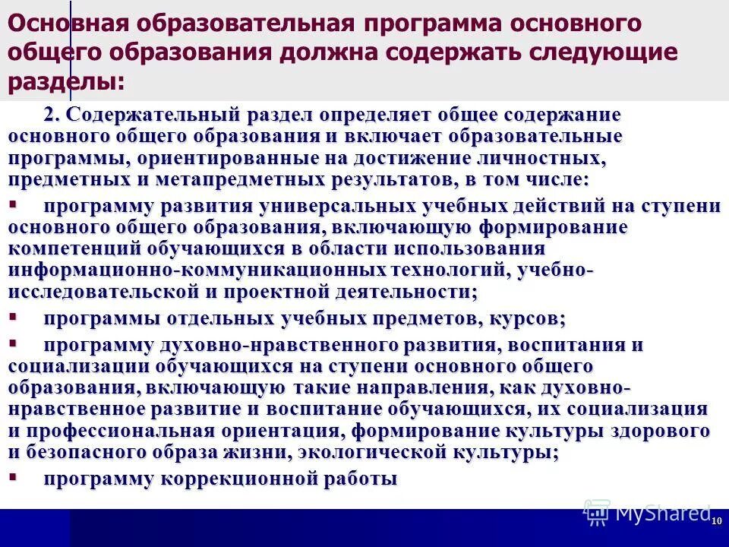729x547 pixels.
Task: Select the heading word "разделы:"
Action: [66, 81]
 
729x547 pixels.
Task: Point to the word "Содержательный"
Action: [152, 115]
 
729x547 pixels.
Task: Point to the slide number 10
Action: [716, 520]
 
